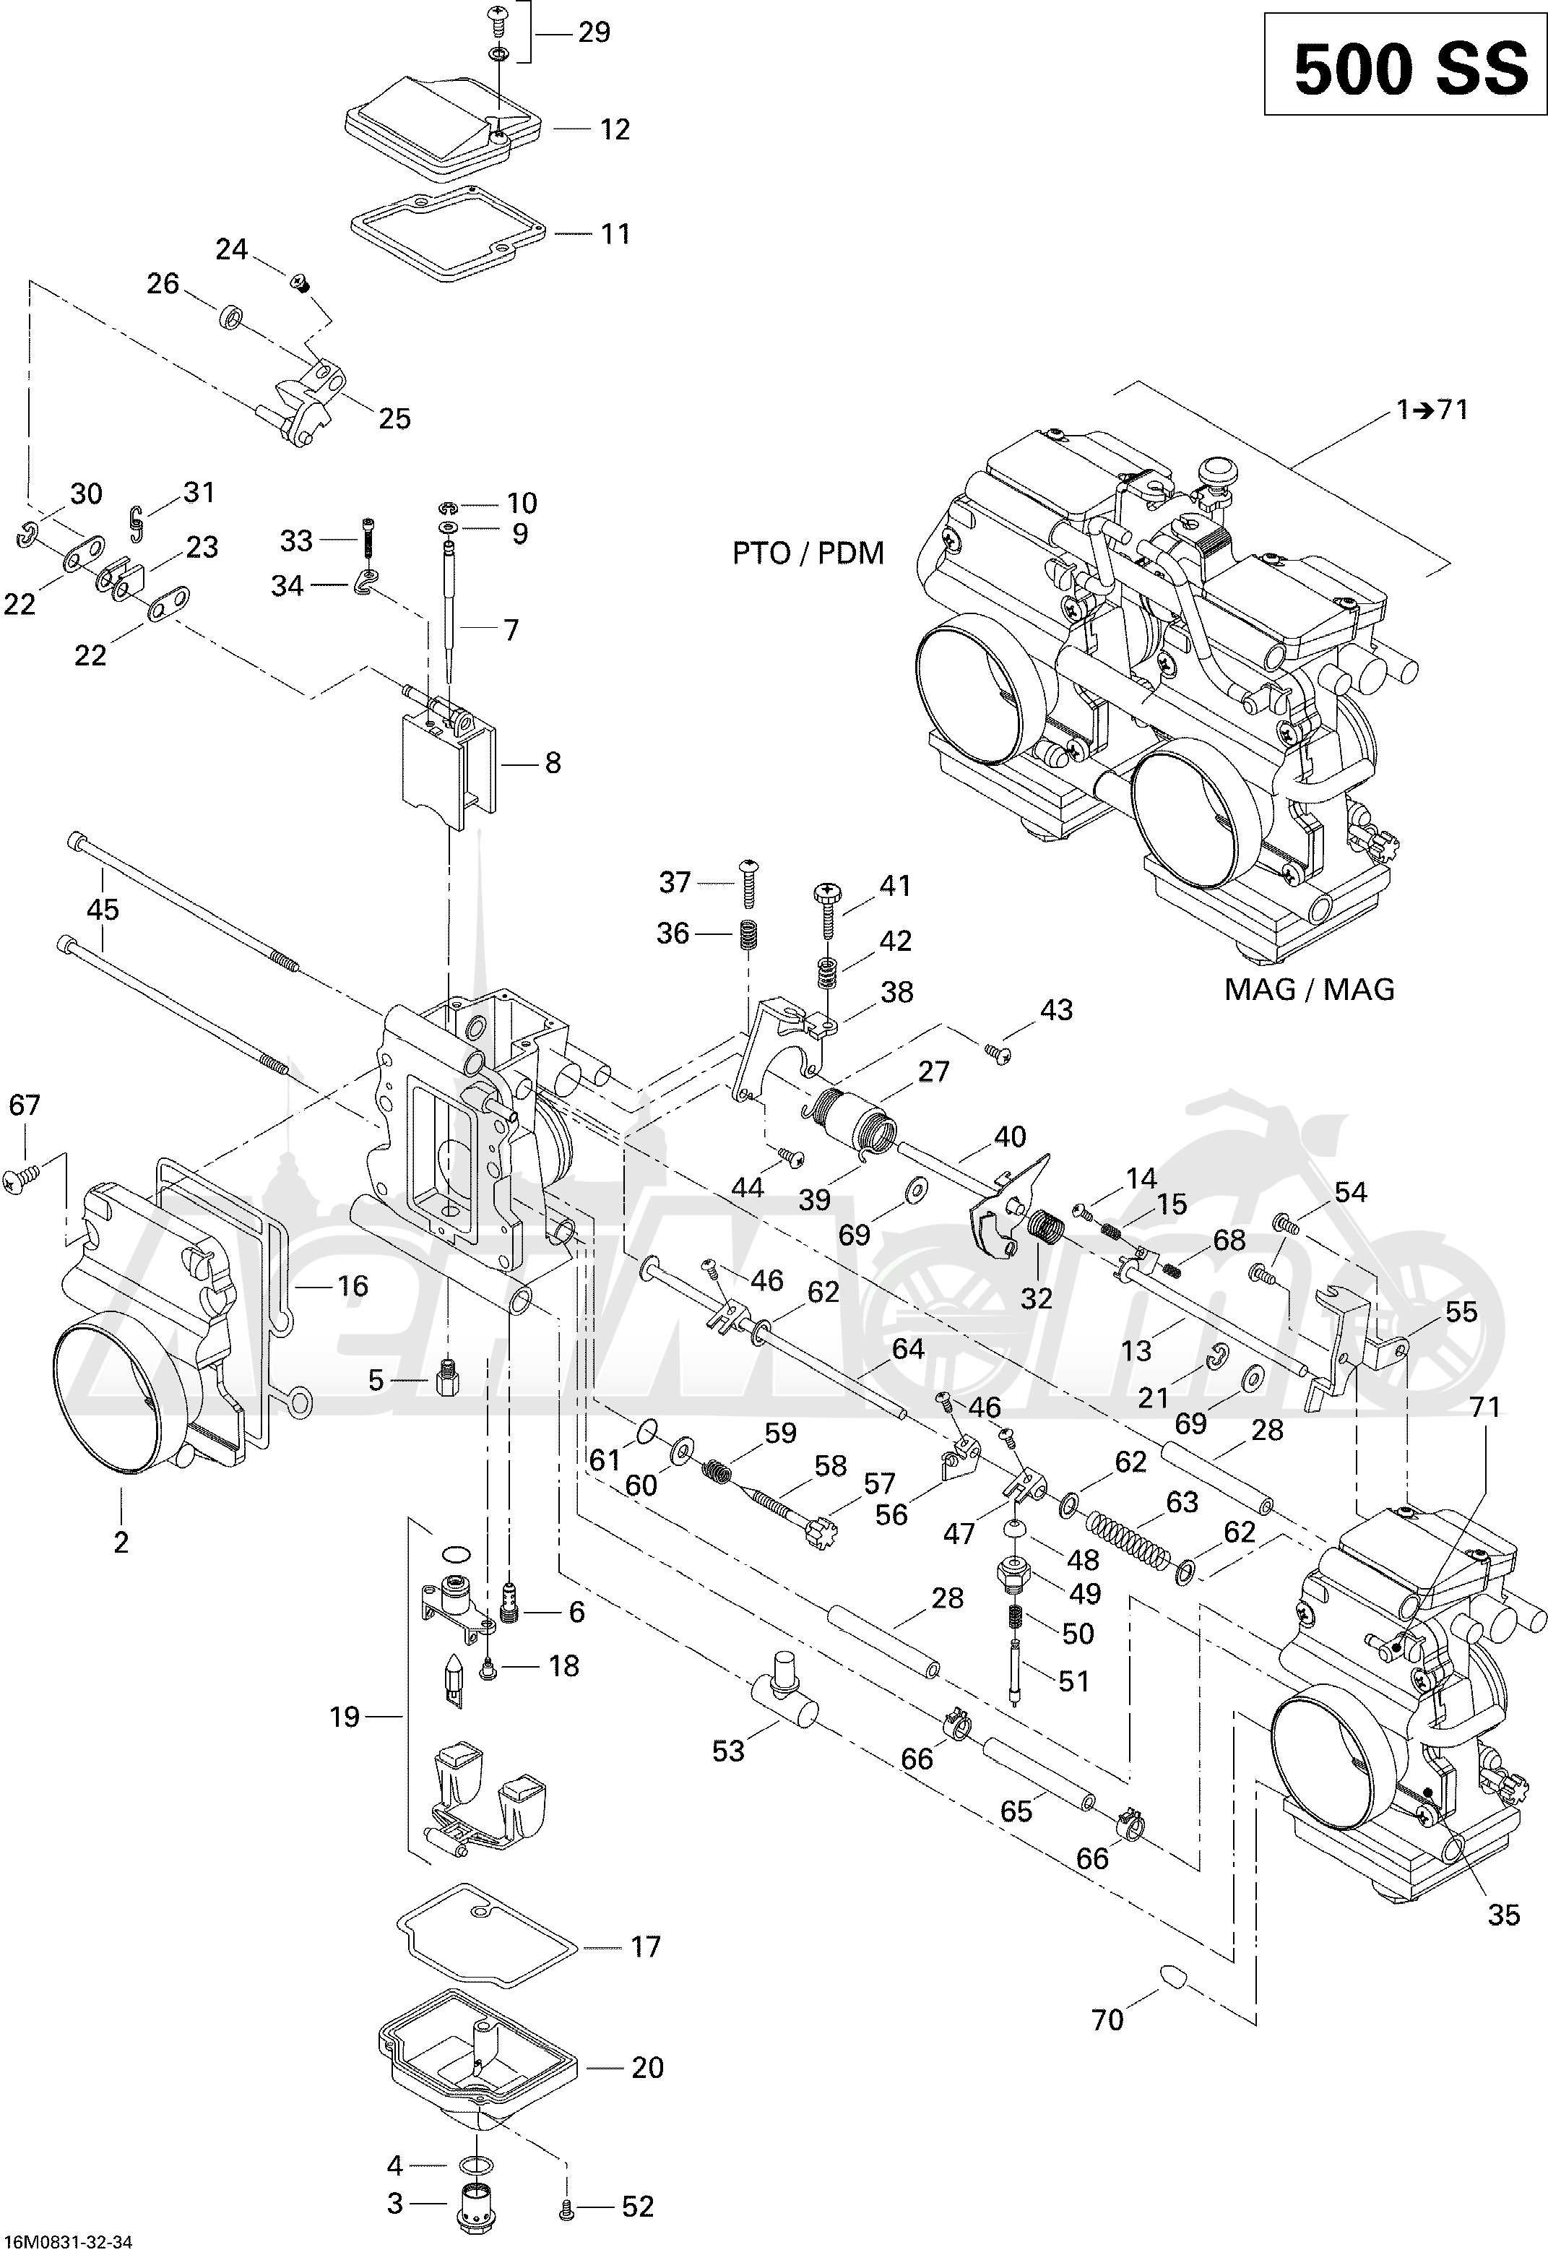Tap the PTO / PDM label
click(808, 553)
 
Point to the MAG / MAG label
click(1310, 988)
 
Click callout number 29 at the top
click(594, 33)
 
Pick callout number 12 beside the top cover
click(615, 129)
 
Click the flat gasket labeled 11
click(450, 236)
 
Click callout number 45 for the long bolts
click(103, 909)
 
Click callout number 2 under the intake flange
click(121, 1542)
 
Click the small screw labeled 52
click(566, 2207)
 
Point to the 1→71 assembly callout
click(1432, 410)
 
